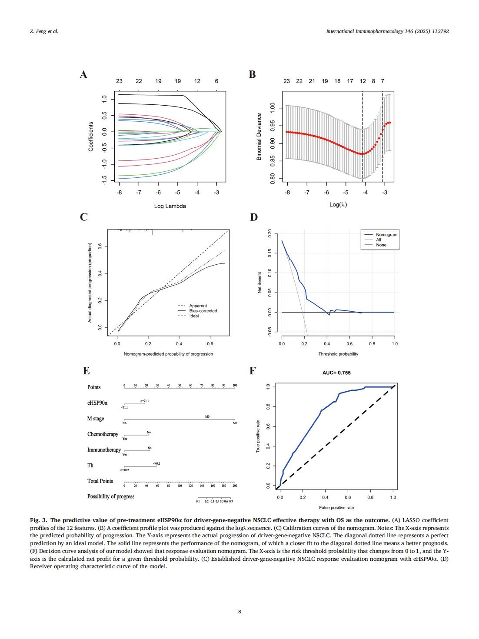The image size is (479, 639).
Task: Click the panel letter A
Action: pyautogui.click(x=83, y=75)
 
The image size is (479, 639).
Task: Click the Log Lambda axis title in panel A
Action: pyautogui.click(x=170, y=206)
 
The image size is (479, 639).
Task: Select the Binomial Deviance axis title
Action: pyautogui.click(x=259, y=136)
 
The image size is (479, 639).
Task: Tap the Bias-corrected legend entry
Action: pyautogui.click(x=203, y=311)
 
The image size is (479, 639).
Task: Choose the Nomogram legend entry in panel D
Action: pyautogui.click(x=386, y=235)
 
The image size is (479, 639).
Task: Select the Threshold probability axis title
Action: pyautogui.click(x=338, y=354)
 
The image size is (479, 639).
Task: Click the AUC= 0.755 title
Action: pyautogui.click(x=336, y=373)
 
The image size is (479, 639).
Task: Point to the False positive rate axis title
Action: pyautogui.click(x=336, y=507)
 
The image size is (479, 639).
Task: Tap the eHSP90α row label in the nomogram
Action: pyautogui.click(x=97, y=403)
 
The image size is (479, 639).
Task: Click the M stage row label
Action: pyautogui.click(x=96, y=419)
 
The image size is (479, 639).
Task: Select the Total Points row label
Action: pyautogui.click(x=100, y=481)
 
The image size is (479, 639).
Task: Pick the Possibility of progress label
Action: pyautogui.click(x=111, y=496)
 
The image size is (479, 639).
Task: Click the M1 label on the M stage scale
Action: pyautogui.click(x=235, y=423)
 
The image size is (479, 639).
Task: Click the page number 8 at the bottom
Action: pyautogui.click(x=239, y=612)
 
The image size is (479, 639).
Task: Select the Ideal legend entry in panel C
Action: pyautogui.click(x=194, y=316)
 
